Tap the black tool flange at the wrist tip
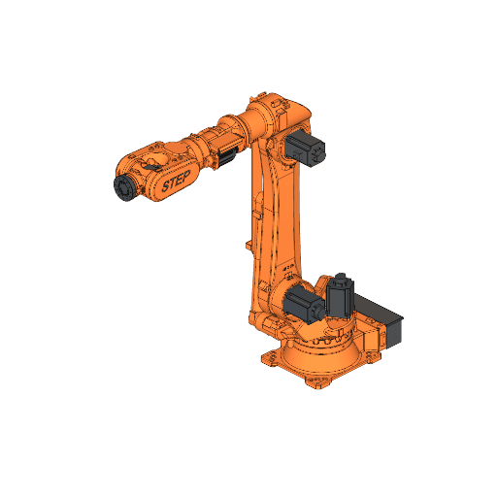[x=123, y=187]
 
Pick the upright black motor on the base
[x=340, y=298]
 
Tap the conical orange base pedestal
[x=325, y=354]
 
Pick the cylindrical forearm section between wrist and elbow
[x=209, y=144]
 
